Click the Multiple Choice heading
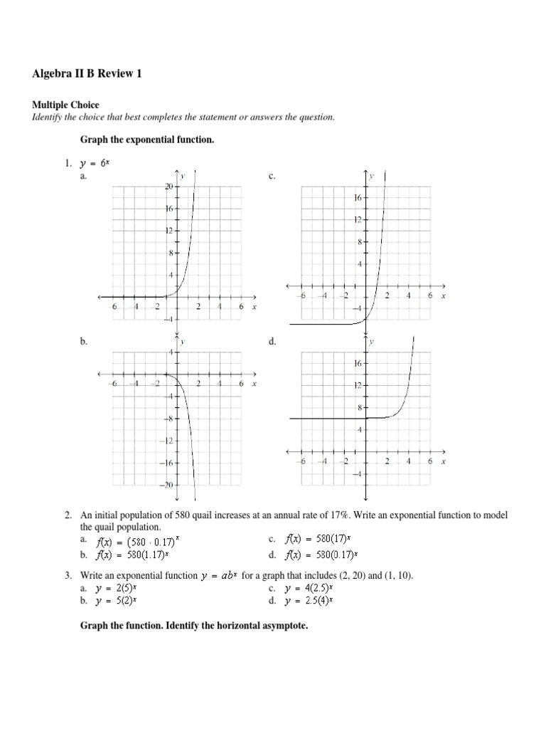pos(65,105)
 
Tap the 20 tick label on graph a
pos(169,187)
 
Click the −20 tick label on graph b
pos(168,485)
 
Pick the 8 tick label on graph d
pos(360,408)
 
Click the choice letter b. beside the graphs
pos(83,342)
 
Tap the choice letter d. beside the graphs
pos(272,342)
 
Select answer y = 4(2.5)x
pos(309,588)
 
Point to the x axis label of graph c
pos(443,295)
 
